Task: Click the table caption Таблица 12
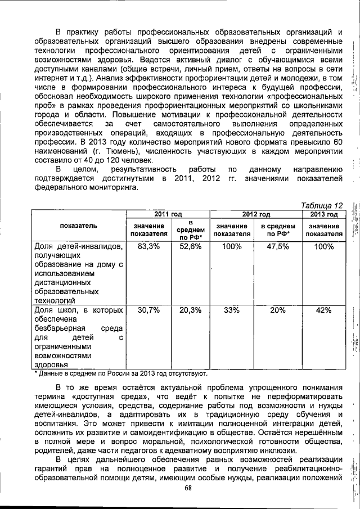321,205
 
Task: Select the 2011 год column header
168,214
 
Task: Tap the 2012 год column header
256,214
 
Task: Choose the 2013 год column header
323,214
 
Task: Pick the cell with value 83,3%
148,246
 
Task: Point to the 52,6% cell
190,246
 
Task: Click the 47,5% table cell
278,246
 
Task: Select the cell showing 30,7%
148,310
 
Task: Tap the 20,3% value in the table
190,310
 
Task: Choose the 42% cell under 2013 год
323,310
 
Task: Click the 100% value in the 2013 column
323,246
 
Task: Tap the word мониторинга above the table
112,188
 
